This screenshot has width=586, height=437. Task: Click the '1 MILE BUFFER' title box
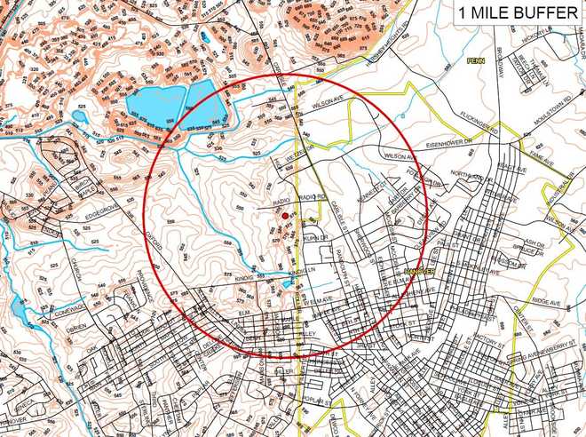point(518,13)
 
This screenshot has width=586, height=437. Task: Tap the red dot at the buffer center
point(284,216)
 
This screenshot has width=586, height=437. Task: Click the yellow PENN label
point(473,62)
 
